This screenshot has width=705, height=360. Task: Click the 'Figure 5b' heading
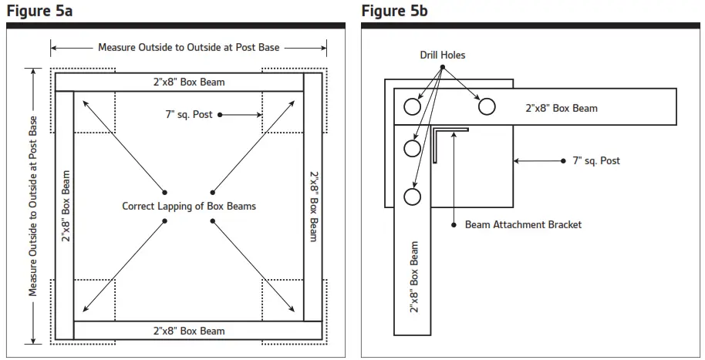point(394,11)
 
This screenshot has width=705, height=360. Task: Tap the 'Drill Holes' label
point(443,56)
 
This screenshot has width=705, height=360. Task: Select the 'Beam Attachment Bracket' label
point(523,224)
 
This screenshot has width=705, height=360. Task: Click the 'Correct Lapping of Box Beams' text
point(189,206)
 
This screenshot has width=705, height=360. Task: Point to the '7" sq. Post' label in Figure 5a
point(189,115)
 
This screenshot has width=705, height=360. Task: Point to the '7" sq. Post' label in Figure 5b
point(595,161)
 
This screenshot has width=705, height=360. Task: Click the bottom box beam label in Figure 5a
point(189,331)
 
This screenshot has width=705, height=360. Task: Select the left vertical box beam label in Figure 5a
point(66,206)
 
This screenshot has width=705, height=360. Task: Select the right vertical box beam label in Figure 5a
point(314,206)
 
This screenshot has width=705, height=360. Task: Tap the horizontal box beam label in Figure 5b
point(562,108)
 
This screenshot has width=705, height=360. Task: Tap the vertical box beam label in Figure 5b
point(414,277)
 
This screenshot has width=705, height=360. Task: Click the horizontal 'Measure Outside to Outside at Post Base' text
point(189,48)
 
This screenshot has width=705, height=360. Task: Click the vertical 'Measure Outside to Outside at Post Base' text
point(33,206)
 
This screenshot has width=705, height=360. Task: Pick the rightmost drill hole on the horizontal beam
point(485,106)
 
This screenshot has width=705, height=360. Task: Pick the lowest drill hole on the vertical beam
point(413,197)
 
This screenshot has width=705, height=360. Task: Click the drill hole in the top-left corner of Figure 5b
point(413,106)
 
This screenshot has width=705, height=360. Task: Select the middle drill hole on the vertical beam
point(413,147)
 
